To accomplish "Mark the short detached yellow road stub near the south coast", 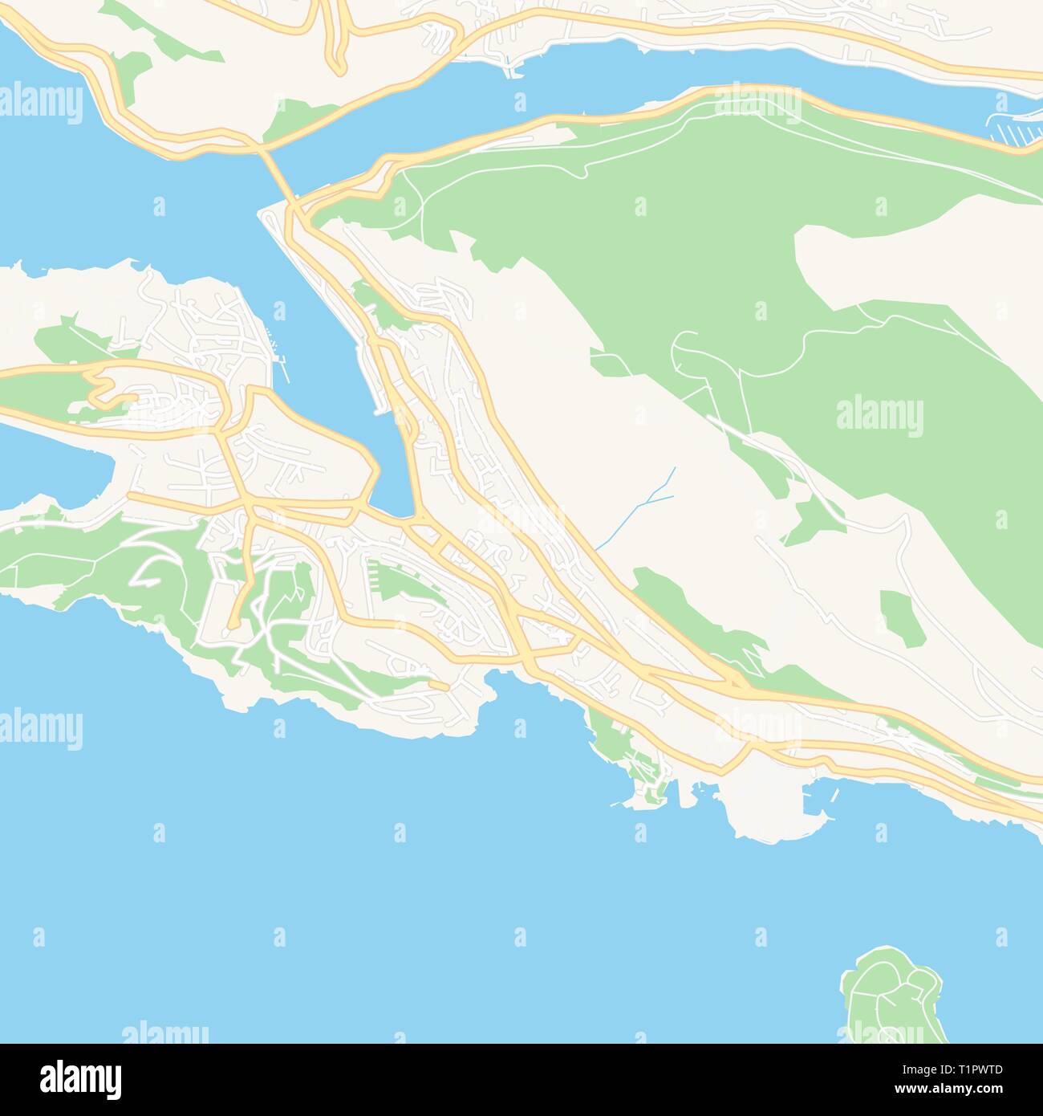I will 438,685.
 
